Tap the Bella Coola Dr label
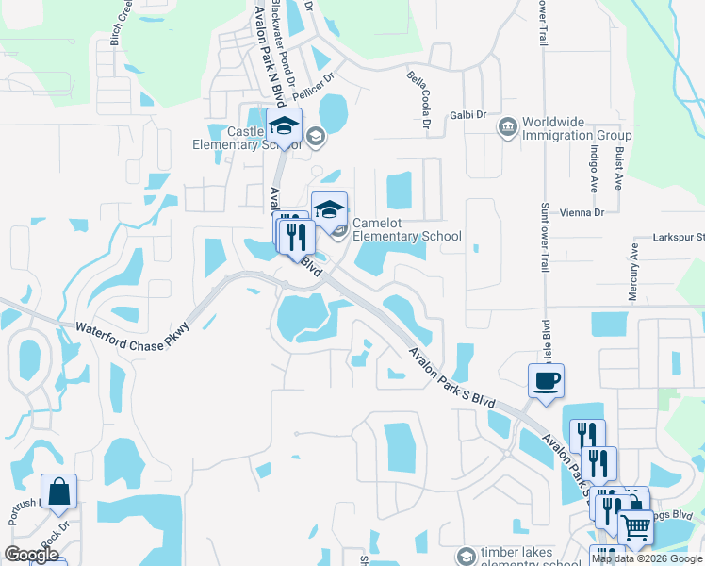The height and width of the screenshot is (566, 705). pyautogui.click(x=418, y=99)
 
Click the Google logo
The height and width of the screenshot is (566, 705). pyautogui.click(x=32, y=555)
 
